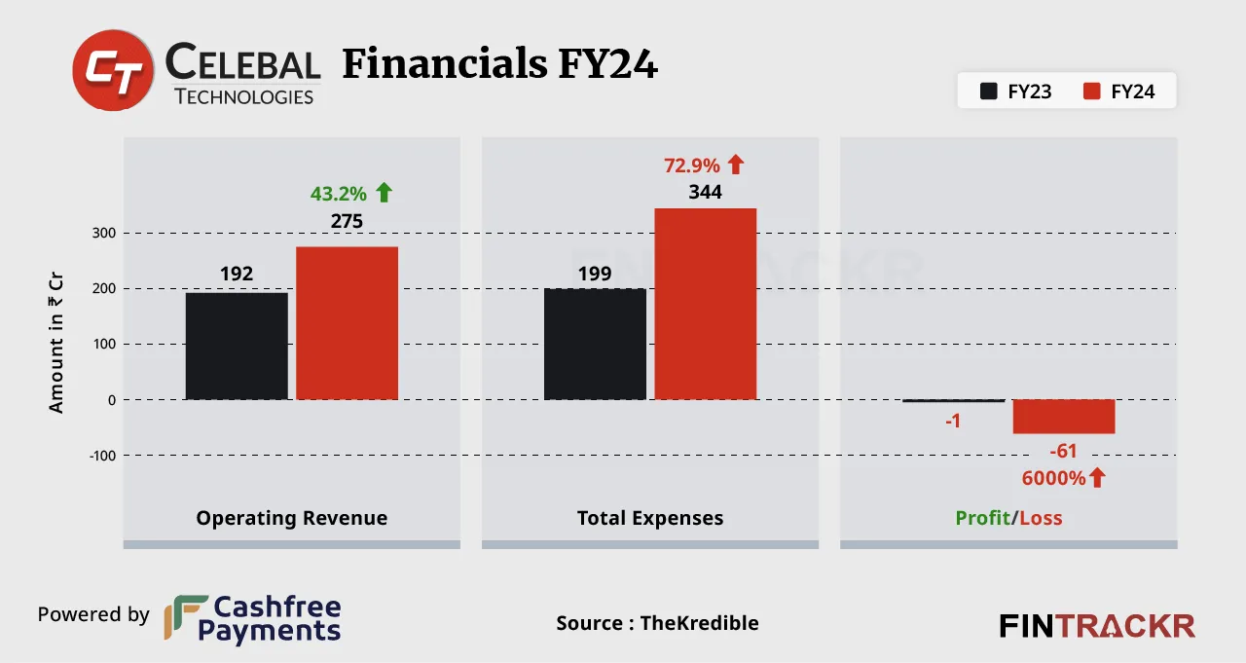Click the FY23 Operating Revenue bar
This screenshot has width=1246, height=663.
[x=237, y=346]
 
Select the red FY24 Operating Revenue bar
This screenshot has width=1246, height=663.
[x=347, y=323]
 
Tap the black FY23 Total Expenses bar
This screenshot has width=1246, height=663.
[x=595, y=344]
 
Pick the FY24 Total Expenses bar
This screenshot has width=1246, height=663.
[x=705, y=304]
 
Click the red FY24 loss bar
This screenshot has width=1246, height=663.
[x=1063, y=417]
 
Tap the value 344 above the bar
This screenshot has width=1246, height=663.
[x=705, y=192]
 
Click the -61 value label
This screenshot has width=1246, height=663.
[x=1063, y=451]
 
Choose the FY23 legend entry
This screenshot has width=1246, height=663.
[x=1016, y=92]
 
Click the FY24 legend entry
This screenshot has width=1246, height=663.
[x=1119, y=92]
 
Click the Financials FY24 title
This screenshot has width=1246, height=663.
[x=499, y=65]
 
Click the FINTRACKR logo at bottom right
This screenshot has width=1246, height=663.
[x=1097, y=625]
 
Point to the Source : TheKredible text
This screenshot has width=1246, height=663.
[x=657, y=623]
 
